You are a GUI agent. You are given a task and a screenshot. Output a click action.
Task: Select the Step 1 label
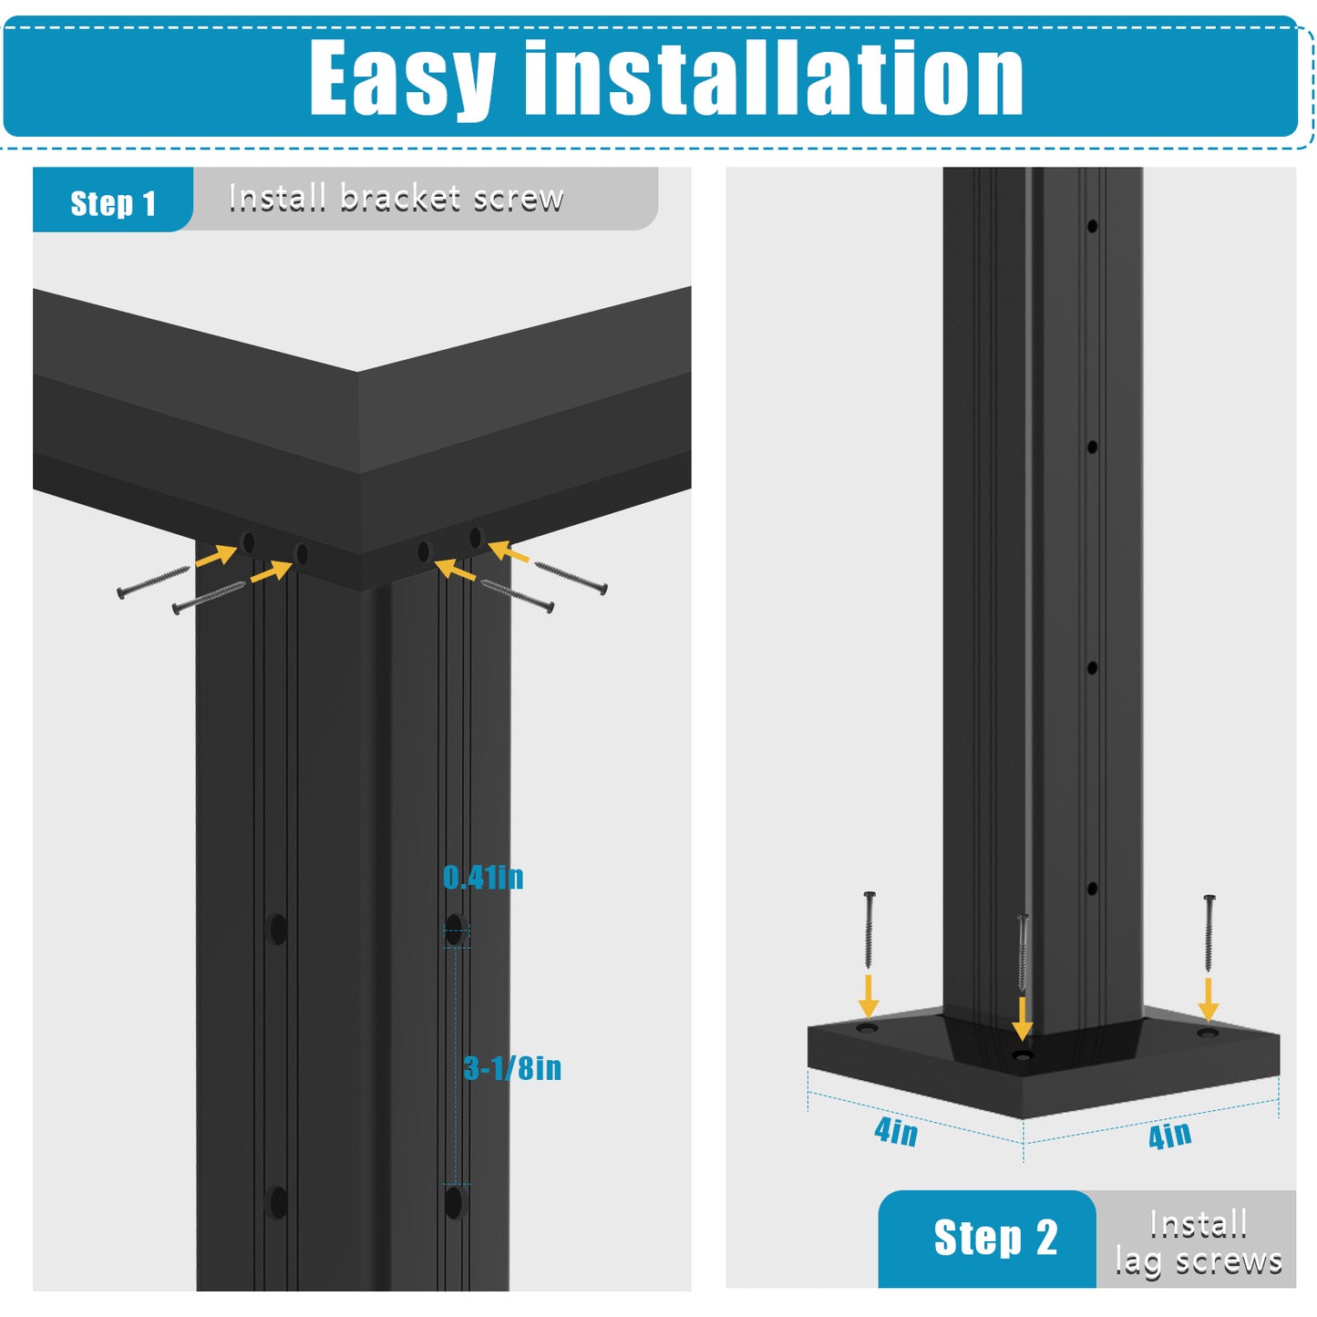click(x=113, y=203)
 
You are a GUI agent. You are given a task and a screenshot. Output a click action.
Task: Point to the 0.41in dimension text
click(x=482, y=879)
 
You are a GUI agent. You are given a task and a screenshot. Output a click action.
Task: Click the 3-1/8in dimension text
click(x=512, y=1068)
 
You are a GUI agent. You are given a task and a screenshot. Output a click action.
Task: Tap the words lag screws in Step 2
click(x=1199, y=1262)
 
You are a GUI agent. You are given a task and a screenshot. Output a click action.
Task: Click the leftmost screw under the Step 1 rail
click(x=153, y=581)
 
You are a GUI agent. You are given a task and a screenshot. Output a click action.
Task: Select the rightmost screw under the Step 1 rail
click(x=571, y=578)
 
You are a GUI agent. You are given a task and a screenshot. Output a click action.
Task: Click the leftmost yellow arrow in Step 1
click(x=216, y=555)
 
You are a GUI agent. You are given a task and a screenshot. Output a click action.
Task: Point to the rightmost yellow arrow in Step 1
click(x=509, y=551)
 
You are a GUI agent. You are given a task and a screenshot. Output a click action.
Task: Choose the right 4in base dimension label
click(x=1170, y=1136)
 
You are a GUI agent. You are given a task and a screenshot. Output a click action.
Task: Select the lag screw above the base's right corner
click(x=1209, y=932)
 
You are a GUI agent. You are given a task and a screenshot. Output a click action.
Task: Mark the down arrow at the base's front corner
click(x=1022, y=1018)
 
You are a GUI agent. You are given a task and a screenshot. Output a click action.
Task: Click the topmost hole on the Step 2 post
click(x=1092, y=226)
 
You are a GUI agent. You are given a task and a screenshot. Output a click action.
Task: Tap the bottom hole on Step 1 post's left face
click(x=277, y=1203)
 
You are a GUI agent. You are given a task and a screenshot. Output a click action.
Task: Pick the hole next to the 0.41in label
click(x=455, y=930)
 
